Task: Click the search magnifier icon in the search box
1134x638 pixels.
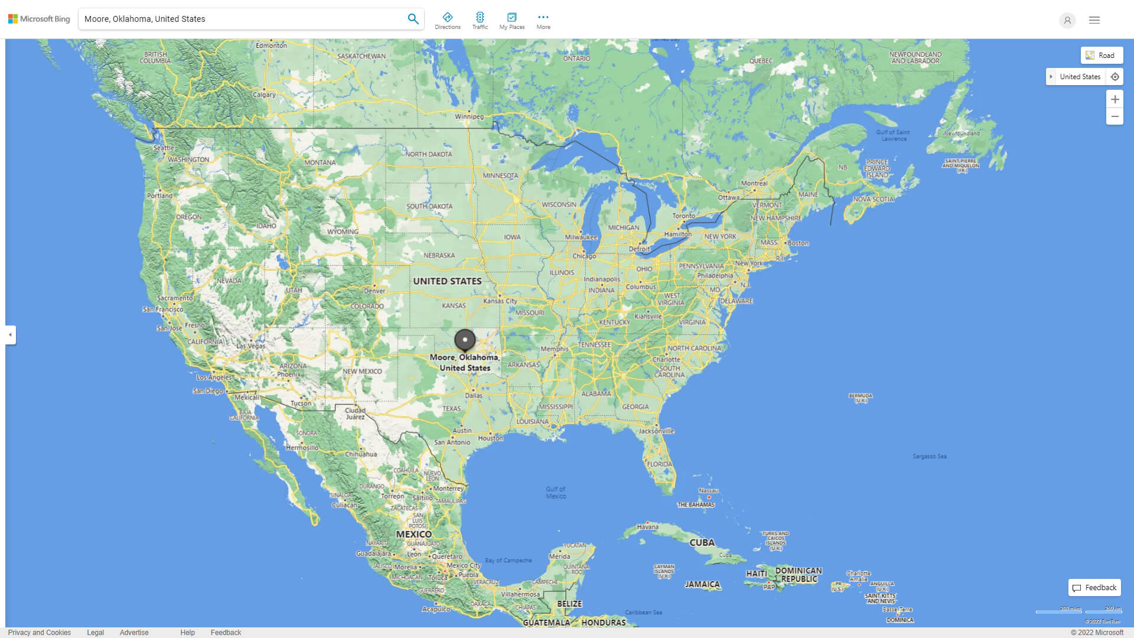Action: click(x=413, y=19)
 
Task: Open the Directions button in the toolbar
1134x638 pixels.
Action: click(x=447, y=21)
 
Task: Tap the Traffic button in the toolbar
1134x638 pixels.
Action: click(x=480, y=21)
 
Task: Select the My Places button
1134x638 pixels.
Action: click(x=511, y=21)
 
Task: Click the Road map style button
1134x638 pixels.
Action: click(x=1102, y=56)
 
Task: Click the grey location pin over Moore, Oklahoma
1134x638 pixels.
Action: click(x=465, y=340)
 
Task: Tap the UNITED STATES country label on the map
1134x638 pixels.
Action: click(x=447, y=281)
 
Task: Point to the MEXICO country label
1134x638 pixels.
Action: click(x=413, y=534)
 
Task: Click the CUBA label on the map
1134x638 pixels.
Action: click(x=702, y=542)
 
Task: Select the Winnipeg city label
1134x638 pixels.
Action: click(x=469, y=116)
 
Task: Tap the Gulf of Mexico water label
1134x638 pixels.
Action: click(x=555, y=493)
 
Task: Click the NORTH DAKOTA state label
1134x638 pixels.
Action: click(x=428, y=154)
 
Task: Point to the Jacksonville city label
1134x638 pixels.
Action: click(x=656, y=431)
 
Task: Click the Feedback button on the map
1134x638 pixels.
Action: click(x=1094, y=588)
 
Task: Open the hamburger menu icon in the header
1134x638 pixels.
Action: click(x=1094, y=20)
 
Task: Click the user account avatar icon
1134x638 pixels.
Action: click(x=1067, y=20)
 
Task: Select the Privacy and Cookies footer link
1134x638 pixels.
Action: click(x=39, y=633)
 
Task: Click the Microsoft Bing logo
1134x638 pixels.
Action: click(x=39, y=19)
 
